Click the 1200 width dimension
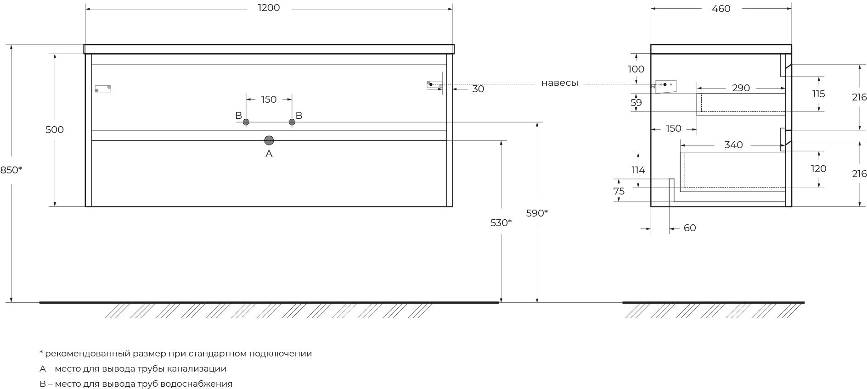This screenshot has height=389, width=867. [x=269, y=8]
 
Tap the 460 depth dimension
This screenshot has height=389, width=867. [x=721, y=8]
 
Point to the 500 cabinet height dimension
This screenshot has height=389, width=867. [x=55, y=130]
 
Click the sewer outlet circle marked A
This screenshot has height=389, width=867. [x=269, y=140]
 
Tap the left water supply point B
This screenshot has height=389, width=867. [x=246, y=122]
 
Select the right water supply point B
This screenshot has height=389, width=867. [x=292, y=122]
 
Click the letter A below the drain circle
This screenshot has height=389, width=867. [x=269, y=154]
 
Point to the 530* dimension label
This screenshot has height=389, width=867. [x=501, y=223]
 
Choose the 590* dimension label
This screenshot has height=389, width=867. [x=537, y=213]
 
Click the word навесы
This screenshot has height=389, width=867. [x=559, y=83]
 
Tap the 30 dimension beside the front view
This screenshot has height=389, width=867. [x=478, y=89]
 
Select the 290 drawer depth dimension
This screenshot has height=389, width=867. [x=741, y=88]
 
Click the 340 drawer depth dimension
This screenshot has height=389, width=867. [x=733, y=145]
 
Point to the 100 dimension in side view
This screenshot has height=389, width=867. [x=636, y=69]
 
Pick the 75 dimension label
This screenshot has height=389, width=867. [x=619, y=191]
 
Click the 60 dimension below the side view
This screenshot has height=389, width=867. [x=690, y=228]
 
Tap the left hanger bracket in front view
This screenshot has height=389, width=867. [x=103, y=89]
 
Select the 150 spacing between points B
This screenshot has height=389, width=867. [x=269, y=100]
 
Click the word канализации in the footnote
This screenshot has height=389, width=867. [x=197, y=369]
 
